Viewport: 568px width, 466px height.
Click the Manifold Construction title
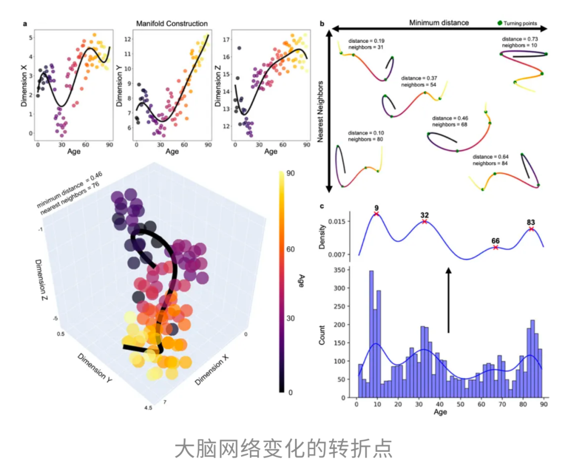(x=171, y=24)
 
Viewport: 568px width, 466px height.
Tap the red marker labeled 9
(x=377, y=213)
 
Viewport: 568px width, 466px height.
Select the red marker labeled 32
(x=424, y=222)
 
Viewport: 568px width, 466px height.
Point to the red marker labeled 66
(x=495, y=247)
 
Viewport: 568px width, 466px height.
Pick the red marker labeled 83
(x=531, y=229)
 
